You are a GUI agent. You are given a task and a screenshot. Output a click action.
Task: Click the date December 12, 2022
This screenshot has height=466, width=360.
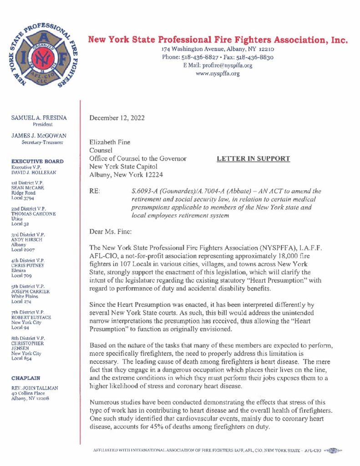click(117, 118)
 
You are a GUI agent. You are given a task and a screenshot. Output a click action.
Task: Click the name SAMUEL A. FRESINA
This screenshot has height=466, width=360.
click(39, 118)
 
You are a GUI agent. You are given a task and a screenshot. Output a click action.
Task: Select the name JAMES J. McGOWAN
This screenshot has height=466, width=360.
click(39, 136)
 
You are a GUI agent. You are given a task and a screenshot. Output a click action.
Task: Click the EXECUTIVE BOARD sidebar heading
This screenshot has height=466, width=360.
click(37, 161)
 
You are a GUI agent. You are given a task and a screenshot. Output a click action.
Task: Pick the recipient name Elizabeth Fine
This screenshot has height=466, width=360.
click(110, 142)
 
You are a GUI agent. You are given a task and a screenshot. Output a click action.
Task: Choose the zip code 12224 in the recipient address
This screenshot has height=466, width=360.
click(153, 175)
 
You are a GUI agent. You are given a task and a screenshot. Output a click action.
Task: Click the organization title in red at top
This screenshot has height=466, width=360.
click(218, 40)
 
